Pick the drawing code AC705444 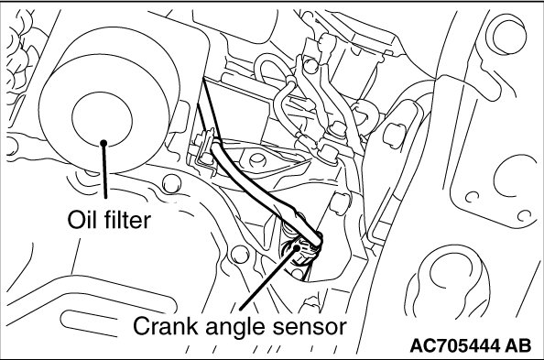click(x=455, y=345)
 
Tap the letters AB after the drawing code click(x=517, y=345)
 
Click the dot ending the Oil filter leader click(x=103, y=143)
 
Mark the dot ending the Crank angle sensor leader click(x=297, y=247)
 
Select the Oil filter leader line click(x=104, y=170)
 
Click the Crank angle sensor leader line click(x=268, y=278)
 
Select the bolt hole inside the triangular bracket click(x=257, y=159)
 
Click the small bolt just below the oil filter click(x=171, y=184)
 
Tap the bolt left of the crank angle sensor click(x=240, y=256)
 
